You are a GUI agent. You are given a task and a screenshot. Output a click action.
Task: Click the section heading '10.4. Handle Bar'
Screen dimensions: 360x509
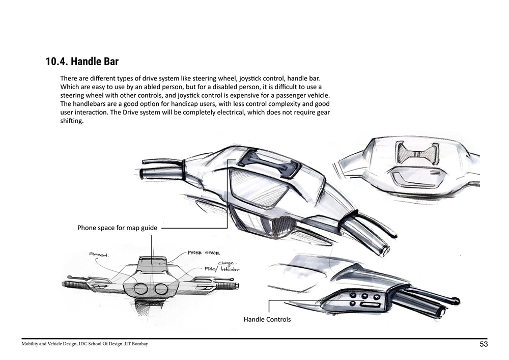(x=82, y=62)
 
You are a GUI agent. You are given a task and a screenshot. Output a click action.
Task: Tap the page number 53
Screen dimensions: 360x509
(x=484, y=344)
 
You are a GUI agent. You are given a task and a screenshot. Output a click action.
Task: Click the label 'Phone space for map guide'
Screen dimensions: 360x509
(x=117, y=228)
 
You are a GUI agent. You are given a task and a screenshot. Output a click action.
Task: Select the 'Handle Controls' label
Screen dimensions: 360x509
(x=267, y=319)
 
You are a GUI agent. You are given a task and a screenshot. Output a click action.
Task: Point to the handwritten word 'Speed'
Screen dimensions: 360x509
(x=99, y=254)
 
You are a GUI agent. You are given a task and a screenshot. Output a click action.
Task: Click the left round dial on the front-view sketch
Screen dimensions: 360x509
(x=141, y=289)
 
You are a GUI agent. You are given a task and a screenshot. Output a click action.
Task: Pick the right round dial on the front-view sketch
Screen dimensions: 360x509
(x=161, y=289)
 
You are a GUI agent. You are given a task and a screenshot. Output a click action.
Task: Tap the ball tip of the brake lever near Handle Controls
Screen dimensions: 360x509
(x=456, y=301)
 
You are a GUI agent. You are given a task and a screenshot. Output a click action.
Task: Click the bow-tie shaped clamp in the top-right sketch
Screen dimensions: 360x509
(x=417, y=153)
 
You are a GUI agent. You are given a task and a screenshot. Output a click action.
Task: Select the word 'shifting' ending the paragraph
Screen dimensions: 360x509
(x=72, y=121)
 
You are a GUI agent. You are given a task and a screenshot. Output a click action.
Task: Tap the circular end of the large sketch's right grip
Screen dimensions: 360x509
(x=385, y=251)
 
